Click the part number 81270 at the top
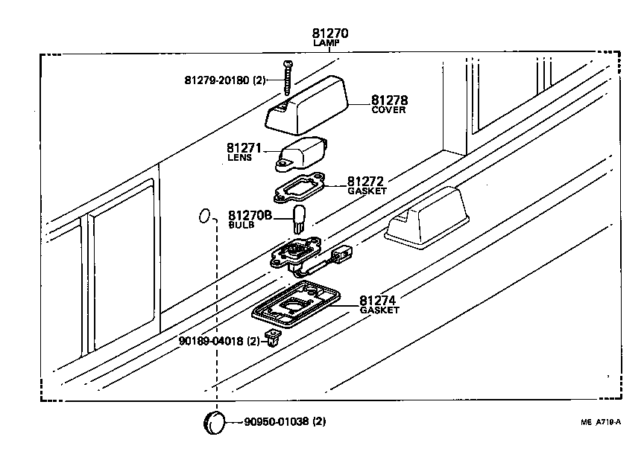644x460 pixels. pyautogui.click(x=330, y=33)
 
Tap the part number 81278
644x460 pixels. pyautogui.click(x=389, y=100)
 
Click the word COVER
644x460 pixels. pyautogui.click(x=388, y=110)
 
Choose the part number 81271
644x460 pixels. pyautogui.click(x=246, y=148)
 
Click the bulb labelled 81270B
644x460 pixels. pyautogui.click(x=300, y=220)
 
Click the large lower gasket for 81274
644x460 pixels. pyautogui.click(x=295, y=305)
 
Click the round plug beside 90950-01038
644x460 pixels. pyautogui.click(x=215, y=421)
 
